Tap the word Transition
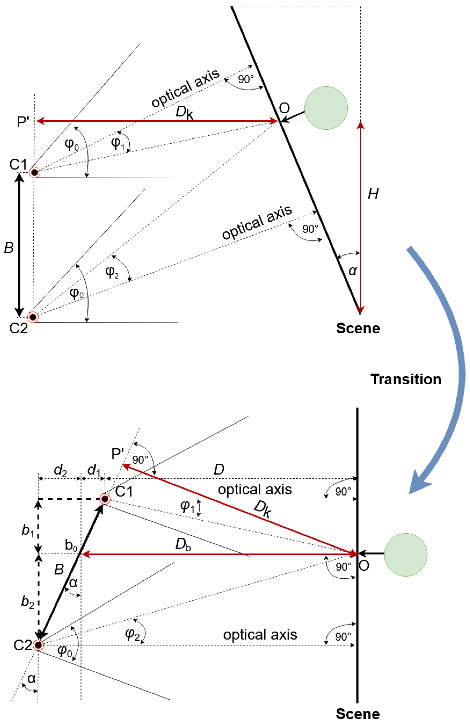[406, 379]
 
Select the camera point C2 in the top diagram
[33, 317]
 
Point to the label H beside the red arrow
[373, 194]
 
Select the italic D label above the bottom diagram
[219, 470]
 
